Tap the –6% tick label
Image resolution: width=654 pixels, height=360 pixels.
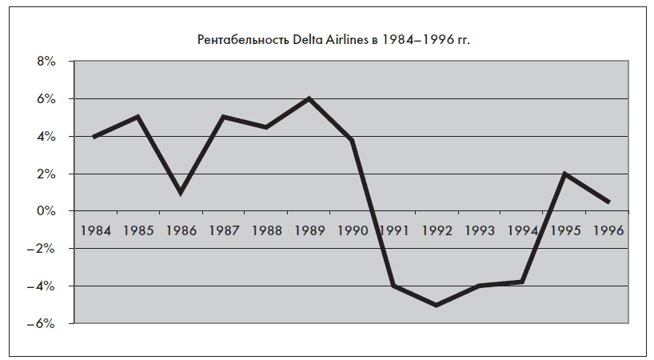point(40,324)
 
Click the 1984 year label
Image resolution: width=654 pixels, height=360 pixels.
point(96,230)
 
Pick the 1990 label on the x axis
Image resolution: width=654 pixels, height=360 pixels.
point(352,230)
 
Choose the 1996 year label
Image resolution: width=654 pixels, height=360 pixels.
point(608,230)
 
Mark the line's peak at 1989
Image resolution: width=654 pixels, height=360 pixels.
point(309,98)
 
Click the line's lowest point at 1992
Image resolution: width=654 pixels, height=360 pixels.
point(437,305)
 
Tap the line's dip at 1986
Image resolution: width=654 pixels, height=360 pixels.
point(181,193)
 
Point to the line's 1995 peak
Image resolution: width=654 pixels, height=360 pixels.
point(565,174)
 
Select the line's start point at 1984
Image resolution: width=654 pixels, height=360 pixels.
point(95,137)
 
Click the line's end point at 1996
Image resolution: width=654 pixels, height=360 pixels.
point(608,202)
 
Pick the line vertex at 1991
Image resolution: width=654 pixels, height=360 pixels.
point(394,286)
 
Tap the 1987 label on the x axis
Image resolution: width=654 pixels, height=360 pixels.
point(224,230)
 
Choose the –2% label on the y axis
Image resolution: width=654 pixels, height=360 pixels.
point(40,249)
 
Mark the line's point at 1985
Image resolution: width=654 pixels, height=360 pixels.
point(138,117)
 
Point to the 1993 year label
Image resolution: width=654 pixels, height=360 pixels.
point(480,230)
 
